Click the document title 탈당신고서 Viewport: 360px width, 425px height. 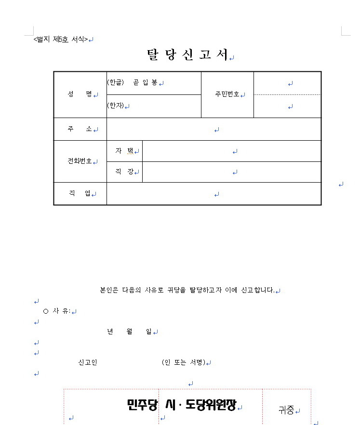187,55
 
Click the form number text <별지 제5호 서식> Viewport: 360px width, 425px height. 61,40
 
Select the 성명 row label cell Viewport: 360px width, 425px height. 80,94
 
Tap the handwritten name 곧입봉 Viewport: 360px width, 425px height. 145,83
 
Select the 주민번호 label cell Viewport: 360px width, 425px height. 227,94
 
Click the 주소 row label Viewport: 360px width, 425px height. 80,129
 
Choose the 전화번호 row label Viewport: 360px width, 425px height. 80,161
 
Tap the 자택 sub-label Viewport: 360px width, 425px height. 124,151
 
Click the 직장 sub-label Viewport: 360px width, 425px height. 124,172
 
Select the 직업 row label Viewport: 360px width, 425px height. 80,194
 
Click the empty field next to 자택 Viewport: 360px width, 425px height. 231,151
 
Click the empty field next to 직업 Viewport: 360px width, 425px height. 213,194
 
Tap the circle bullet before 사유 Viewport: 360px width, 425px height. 46,311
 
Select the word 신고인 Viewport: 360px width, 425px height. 88,362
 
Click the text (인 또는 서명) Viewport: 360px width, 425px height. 184,362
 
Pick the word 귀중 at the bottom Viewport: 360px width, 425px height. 286,411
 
